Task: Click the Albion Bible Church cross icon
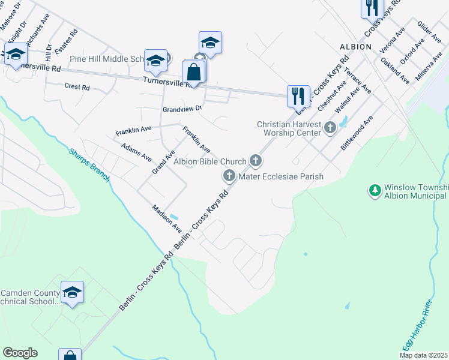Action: click(256, 160)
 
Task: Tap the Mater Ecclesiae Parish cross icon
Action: click(229, 176)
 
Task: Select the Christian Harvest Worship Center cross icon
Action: click(330, 127)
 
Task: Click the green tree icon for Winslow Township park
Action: click(375, 190)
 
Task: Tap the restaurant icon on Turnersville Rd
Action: click(298, 95)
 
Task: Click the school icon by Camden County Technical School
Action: click(72, 292)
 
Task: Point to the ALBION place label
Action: click(355, 46)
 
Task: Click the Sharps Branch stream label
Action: click(88, 166)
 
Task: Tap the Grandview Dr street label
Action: click(182, 109)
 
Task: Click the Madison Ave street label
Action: click(166, 219)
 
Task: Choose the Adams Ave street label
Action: click(136, 152)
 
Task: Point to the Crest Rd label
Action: click(77, 86)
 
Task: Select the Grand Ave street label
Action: click(163, 163)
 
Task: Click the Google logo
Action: click(20, 353)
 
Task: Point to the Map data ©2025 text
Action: click(423, 355)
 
